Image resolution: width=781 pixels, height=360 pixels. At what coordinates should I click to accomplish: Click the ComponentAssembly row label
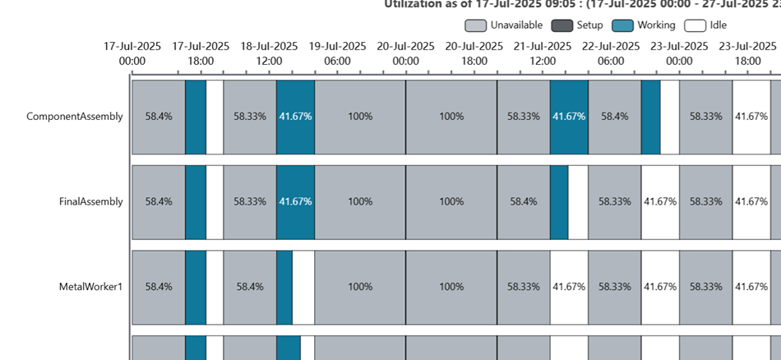pyautogui.click(x=75, y=117)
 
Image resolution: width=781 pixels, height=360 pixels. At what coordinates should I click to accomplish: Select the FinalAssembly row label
pyautogui.click(x=91, y=201)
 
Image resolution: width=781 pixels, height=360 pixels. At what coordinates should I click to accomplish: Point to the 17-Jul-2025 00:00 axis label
pyautogui.click(x=132, y=53)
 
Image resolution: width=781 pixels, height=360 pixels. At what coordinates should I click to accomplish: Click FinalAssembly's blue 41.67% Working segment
pyautogui.click(x=296, y=201)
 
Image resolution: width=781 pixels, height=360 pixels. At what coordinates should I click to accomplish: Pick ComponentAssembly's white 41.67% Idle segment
pyautogui.click(x=751, y=117)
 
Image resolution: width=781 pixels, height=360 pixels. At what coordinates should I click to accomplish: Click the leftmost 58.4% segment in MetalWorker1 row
pyautogui.click(x=159, y=287)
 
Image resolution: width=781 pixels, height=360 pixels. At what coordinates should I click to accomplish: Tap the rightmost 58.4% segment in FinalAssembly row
pyautogui.click(x=524, y=201)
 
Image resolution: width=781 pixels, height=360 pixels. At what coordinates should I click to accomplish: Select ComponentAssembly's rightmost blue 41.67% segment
pyautogui.click(x=569, y=117)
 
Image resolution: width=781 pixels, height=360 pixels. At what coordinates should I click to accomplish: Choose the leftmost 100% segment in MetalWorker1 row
pyautogui.click(x=360, y=287)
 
